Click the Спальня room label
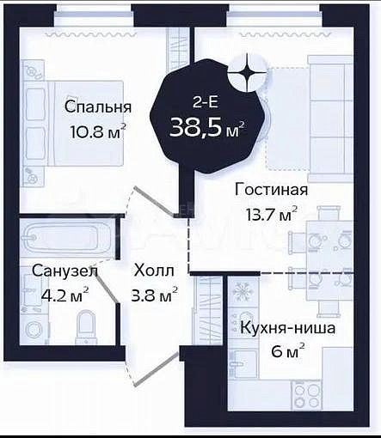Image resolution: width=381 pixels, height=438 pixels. (x=98, y=107)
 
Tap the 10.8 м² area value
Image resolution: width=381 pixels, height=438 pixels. (x=98, y=131)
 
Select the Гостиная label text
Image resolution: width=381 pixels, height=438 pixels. (x=271, y=189)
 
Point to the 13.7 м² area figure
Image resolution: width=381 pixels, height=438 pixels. (x=271, y=214)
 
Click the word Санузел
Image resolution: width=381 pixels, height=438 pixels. (x=65, y=271)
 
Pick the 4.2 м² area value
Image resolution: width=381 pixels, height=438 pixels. (x=65, y=295)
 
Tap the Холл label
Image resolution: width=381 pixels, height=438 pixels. (x=154, y=271)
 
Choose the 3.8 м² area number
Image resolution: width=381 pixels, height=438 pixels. (x=154, y=295)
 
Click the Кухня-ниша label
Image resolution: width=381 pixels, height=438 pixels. (x=287, y=328)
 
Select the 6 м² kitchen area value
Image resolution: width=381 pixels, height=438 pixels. (x=287, y=351)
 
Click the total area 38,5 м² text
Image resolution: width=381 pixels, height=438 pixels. (x=207, y=128)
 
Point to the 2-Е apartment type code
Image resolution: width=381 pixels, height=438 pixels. (x=206, y=102)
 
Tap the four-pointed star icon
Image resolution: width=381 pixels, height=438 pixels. (x=247, y=73)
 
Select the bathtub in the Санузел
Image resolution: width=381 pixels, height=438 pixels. (x=67, y=237)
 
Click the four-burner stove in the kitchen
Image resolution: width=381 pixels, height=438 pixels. (x=305, y=393)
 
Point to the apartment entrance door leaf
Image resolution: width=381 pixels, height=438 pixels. (x=157, y=369)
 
